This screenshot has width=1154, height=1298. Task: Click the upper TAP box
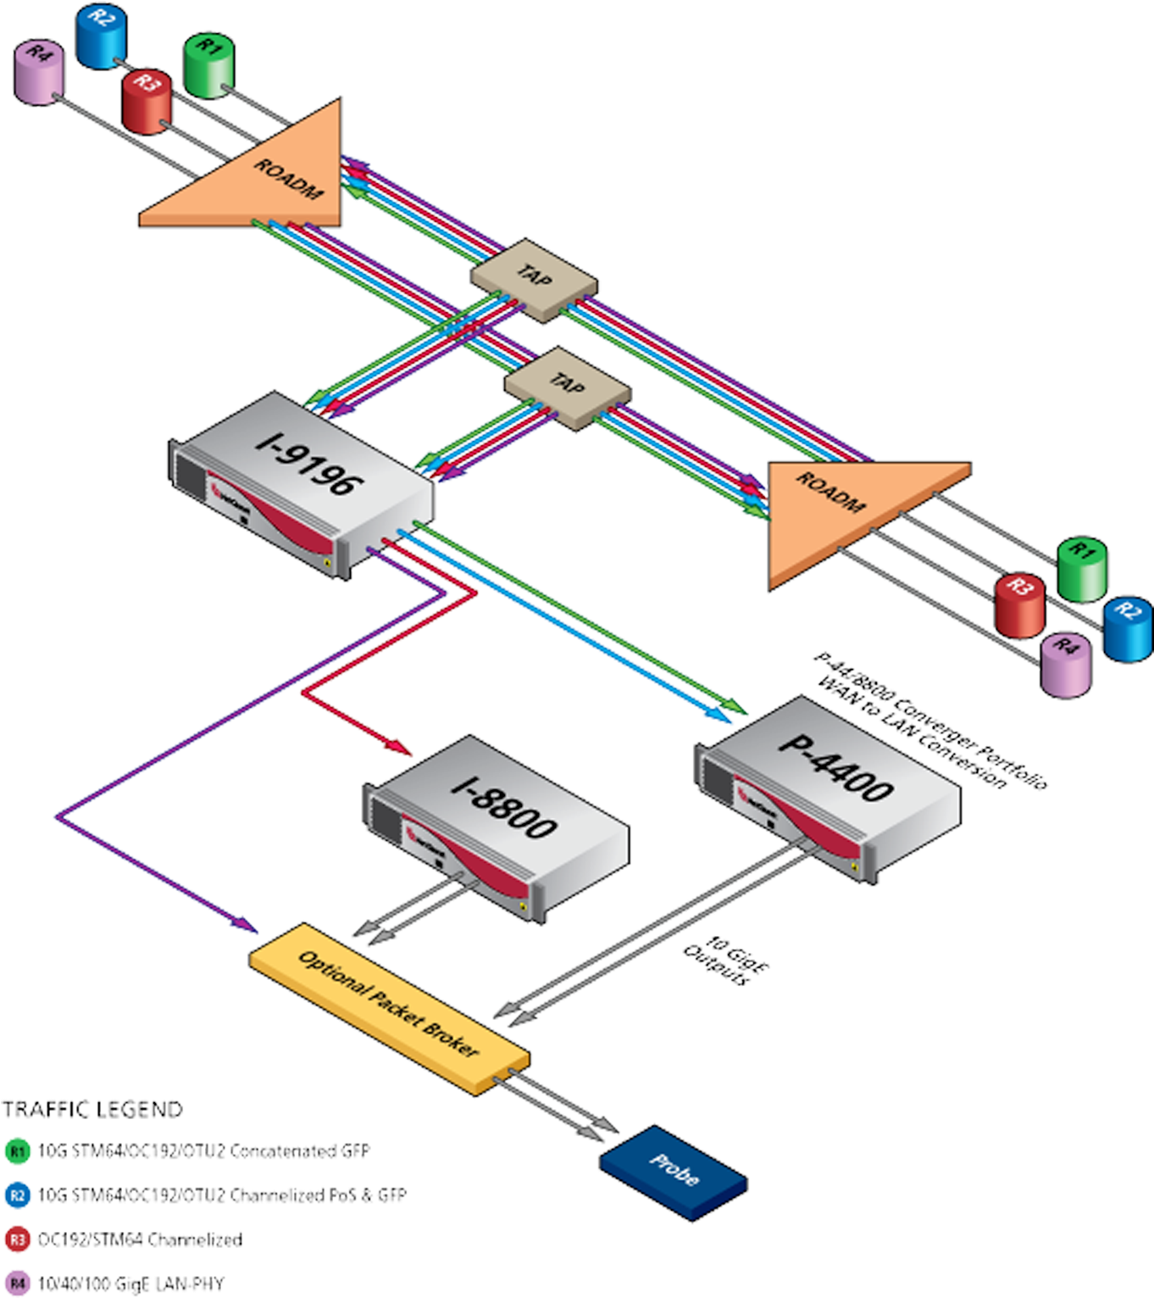click(535, 280)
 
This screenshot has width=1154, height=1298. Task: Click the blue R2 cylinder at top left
click(100, 36)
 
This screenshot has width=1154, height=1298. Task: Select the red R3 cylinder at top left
click(147, 101)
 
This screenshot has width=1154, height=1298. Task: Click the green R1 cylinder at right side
click(1082, 567)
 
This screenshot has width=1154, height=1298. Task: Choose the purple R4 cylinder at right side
click(1066, 665)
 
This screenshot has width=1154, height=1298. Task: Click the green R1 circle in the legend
click(17, 1150)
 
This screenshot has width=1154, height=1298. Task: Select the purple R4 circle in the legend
click(17, 1283)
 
